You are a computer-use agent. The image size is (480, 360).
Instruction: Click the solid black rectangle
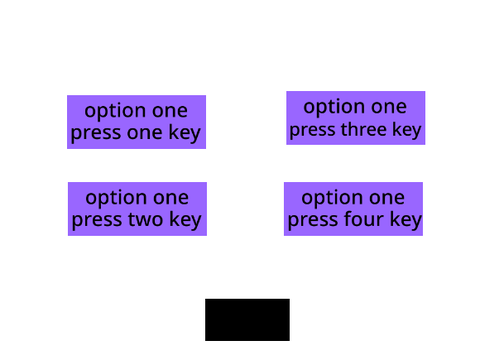247,320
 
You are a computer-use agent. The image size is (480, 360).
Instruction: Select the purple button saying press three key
356,118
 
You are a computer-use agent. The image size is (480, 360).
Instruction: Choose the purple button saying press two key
137,209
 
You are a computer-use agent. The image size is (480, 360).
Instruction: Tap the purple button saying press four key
353,209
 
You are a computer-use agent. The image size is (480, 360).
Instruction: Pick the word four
364,219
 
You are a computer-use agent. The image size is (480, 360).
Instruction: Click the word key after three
407,130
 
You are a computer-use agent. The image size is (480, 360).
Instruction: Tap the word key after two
185,220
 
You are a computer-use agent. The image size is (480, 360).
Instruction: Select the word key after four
406,220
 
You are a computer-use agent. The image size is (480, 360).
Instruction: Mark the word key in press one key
184,133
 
